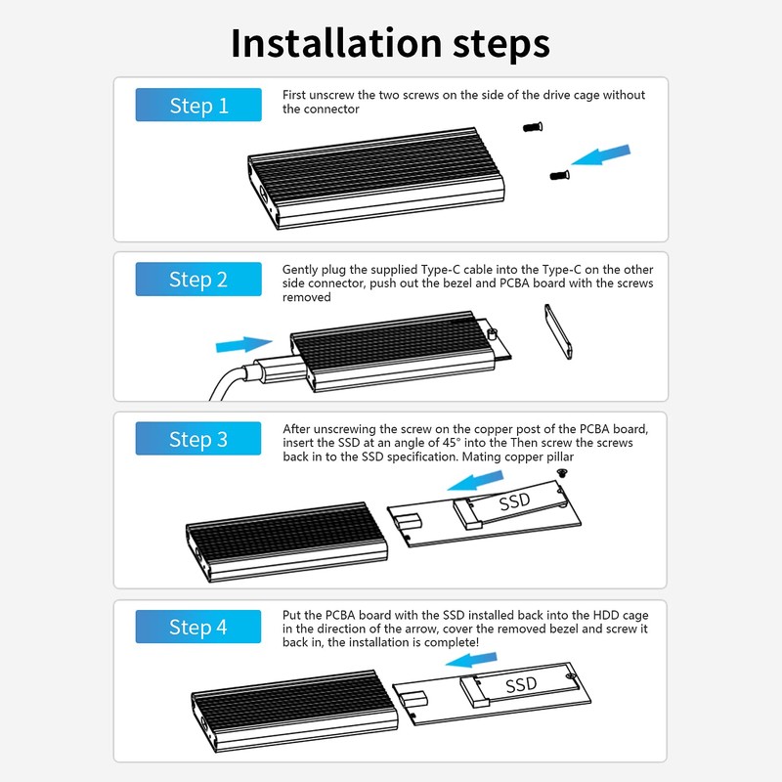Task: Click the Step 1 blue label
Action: (198, 105)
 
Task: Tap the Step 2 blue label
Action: (198, 279)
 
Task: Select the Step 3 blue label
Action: (198, 438)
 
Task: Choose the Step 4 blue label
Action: (198, 627)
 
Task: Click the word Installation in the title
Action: (336, 43)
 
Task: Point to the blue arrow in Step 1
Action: (601, 154)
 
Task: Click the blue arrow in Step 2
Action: (243, 344)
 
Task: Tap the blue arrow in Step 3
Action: (475, 481)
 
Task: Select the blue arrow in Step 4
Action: (471, 660)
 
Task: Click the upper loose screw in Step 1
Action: (533, 127)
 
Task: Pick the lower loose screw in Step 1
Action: (559, 175)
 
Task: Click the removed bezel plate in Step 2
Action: (558, 331)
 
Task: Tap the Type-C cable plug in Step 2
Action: (277, 370)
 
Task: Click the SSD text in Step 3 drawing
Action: (515, 501)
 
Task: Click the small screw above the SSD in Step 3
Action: (563, 473)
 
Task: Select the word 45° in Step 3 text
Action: (452, 443)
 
